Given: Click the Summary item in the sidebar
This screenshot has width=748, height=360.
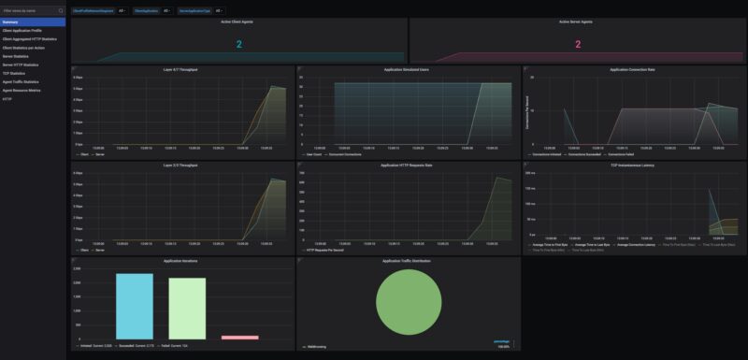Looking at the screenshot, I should pyautogui.click(x=11, y=22).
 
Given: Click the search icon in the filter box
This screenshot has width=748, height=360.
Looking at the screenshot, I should pyautogui.click(x=61, y=10).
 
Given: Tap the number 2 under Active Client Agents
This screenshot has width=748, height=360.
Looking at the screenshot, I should pyautogui.click(x=238, y=44).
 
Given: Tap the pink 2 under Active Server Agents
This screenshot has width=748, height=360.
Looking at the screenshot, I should pyautogui.click(x=577, y=44).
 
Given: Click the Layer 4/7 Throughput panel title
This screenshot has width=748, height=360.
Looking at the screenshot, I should pyautogui.click(x=182, y=69).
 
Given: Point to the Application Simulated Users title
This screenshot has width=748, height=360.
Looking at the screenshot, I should pyautogui.click(x=408, y=69).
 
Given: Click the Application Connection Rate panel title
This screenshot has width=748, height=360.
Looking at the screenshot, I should pyautogui.click(x=633, y=69).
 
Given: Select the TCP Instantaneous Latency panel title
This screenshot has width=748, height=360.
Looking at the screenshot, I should pyautogui.click(x=633, y=166).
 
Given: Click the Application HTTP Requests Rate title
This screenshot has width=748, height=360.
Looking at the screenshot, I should pyautogui.click(x=408, y=166).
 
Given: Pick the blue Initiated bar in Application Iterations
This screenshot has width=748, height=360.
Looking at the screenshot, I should pyautogui.click(x=134, y=306).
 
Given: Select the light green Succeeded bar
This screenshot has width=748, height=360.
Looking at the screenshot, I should pyautogui.click(x=187, y=308).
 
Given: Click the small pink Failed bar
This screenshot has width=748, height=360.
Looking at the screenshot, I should pyautogui.click(x=239, y=337).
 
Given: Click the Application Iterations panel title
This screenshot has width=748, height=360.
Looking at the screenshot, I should pyautogui.click(x=182, y=261).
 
